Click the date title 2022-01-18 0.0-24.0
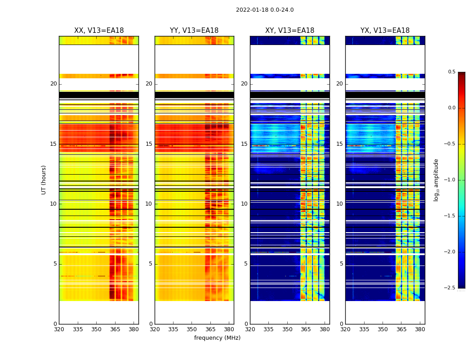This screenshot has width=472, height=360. tap(265, 10)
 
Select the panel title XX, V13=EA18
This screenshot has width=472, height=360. tap(99, 31)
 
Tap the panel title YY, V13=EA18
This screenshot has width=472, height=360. tap(194, 31)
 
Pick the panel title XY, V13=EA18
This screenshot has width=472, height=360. tap(289, 31)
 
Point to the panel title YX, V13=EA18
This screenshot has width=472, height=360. tap(385, 31)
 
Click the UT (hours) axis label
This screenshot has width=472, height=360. tap(44, 180)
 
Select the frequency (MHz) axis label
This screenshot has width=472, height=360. tap(217, 338)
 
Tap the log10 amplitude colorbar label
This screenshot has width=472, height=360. tap(436, 180)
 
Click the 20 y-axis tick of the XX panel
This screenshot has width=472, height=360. tap(53, 84)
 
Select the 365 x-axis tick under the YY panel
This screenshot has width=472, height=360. tap(210, 329)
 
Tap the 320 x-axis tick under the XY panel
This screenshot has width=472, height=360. tap(250, 329)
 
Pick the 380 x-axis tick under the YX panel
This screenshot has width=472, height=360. tap(420, 329)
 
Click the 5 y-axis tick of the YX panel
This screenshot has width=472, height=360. tap(341, 264)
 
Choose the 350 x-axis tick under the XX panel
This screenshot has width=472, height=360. tap(96, 329)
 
